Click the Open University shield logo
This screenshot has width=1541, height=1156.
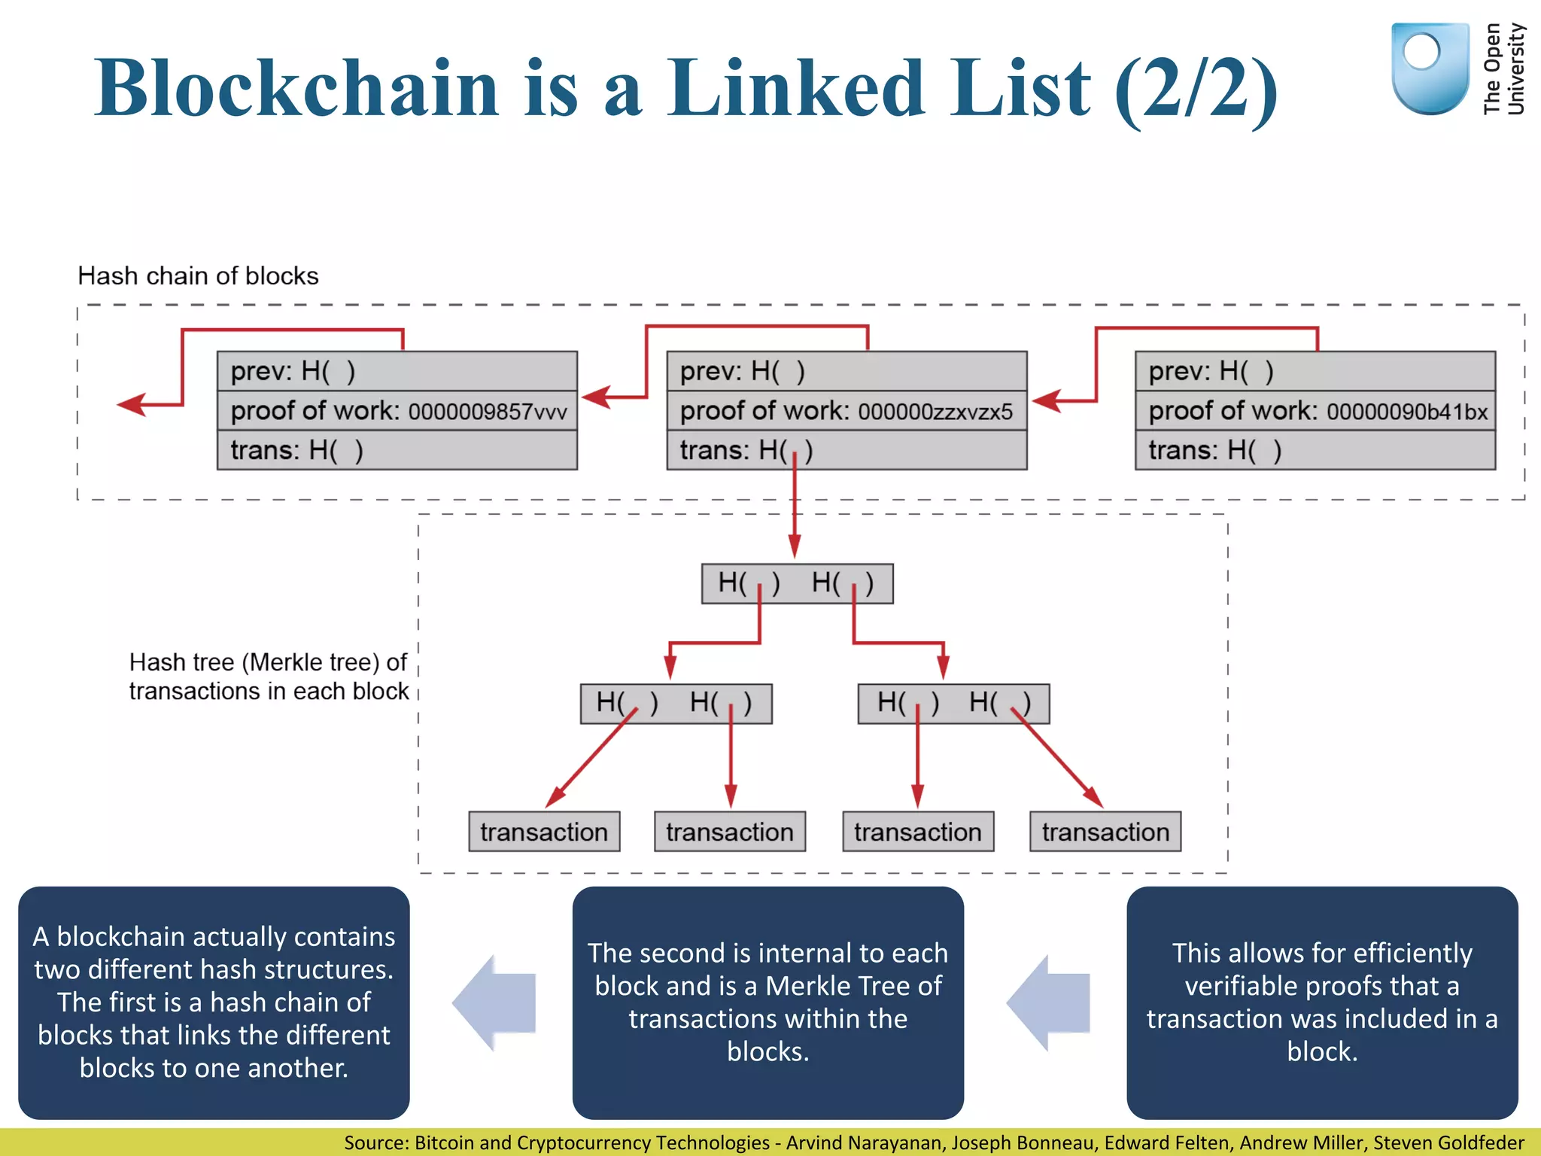coord(1430,68)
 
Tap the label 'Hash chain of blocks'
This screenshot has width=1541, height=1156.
coord(198,276)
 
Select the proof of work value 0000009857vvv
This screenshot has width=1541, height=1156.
coord(488,412)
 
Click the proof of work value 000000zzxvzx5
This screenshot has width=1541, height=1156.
coord(935,412)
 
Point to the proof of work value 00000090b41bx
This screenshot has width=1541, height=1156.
coord(1407,412)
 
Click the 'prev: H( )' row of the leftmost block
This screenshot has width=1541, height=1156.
coord(397,371)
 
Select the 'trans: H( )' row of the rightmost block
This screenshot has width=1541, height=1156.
coord(1315,450)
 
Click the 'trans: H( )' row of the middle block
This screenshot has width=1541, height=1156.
coord(846,450)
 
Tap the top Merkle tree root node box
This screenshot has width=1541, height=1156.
coord(797,583)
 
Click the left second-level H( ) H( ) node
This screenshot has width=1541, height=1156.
coord(676,704)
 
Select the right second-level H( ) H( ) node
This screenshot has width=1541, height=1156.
coord(953,704)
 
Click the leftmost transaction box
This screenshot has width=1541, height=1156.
coord(544,832)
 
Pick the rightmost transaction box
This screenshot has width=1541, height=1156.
coord(1105,832)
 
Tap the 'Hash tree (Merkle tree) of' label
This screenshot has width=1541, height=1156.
coord(268,662)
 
